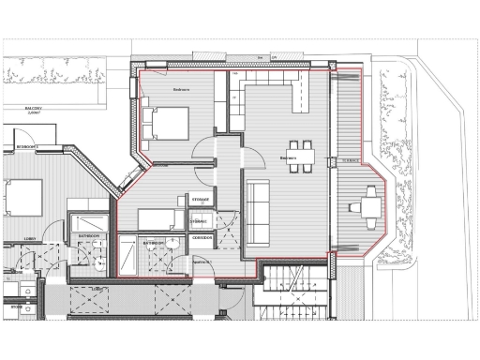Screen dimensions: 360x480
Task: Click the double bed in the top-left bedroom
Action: click(x=167, y=124)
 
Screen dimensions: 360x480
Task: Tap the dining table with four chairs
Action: click(x=301, y=152)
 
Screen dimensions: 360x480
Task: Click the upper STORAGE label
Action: click(x=201, y=200)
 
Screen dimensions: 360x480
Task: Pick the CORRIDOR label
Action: click(x=202, y=237)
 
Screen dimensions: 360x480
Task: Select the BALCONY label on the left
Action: click(x=37, y=109)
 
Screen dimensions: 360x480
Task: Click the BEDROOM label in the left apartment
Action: click(x=25, y=147)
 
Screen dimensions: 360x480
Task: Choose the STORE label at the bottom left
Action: click(x=16, y=306)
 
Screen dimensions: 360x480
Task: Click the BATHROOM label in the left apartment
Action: click(x=89, y=235)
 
